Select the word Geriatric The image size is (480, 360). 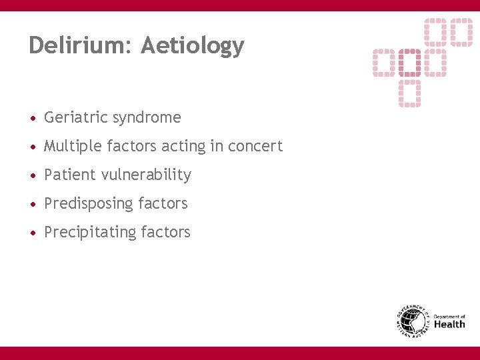(x=76, y=118)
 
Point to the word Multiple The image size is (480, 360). (x=71, y=147)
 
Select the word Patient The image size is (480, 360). (x=70, y=175)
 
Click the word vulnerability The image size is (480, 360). (x=147, y=175)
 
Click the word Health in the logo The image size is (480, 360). (x=449, y=325)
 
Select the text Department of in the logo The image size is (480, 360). (x=449, y=316)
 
